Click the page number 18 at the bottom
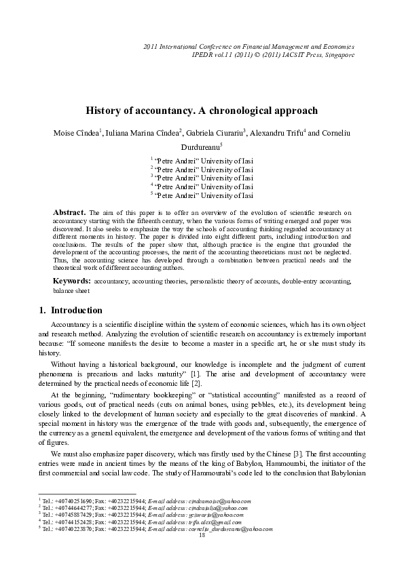click(202, 535)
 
